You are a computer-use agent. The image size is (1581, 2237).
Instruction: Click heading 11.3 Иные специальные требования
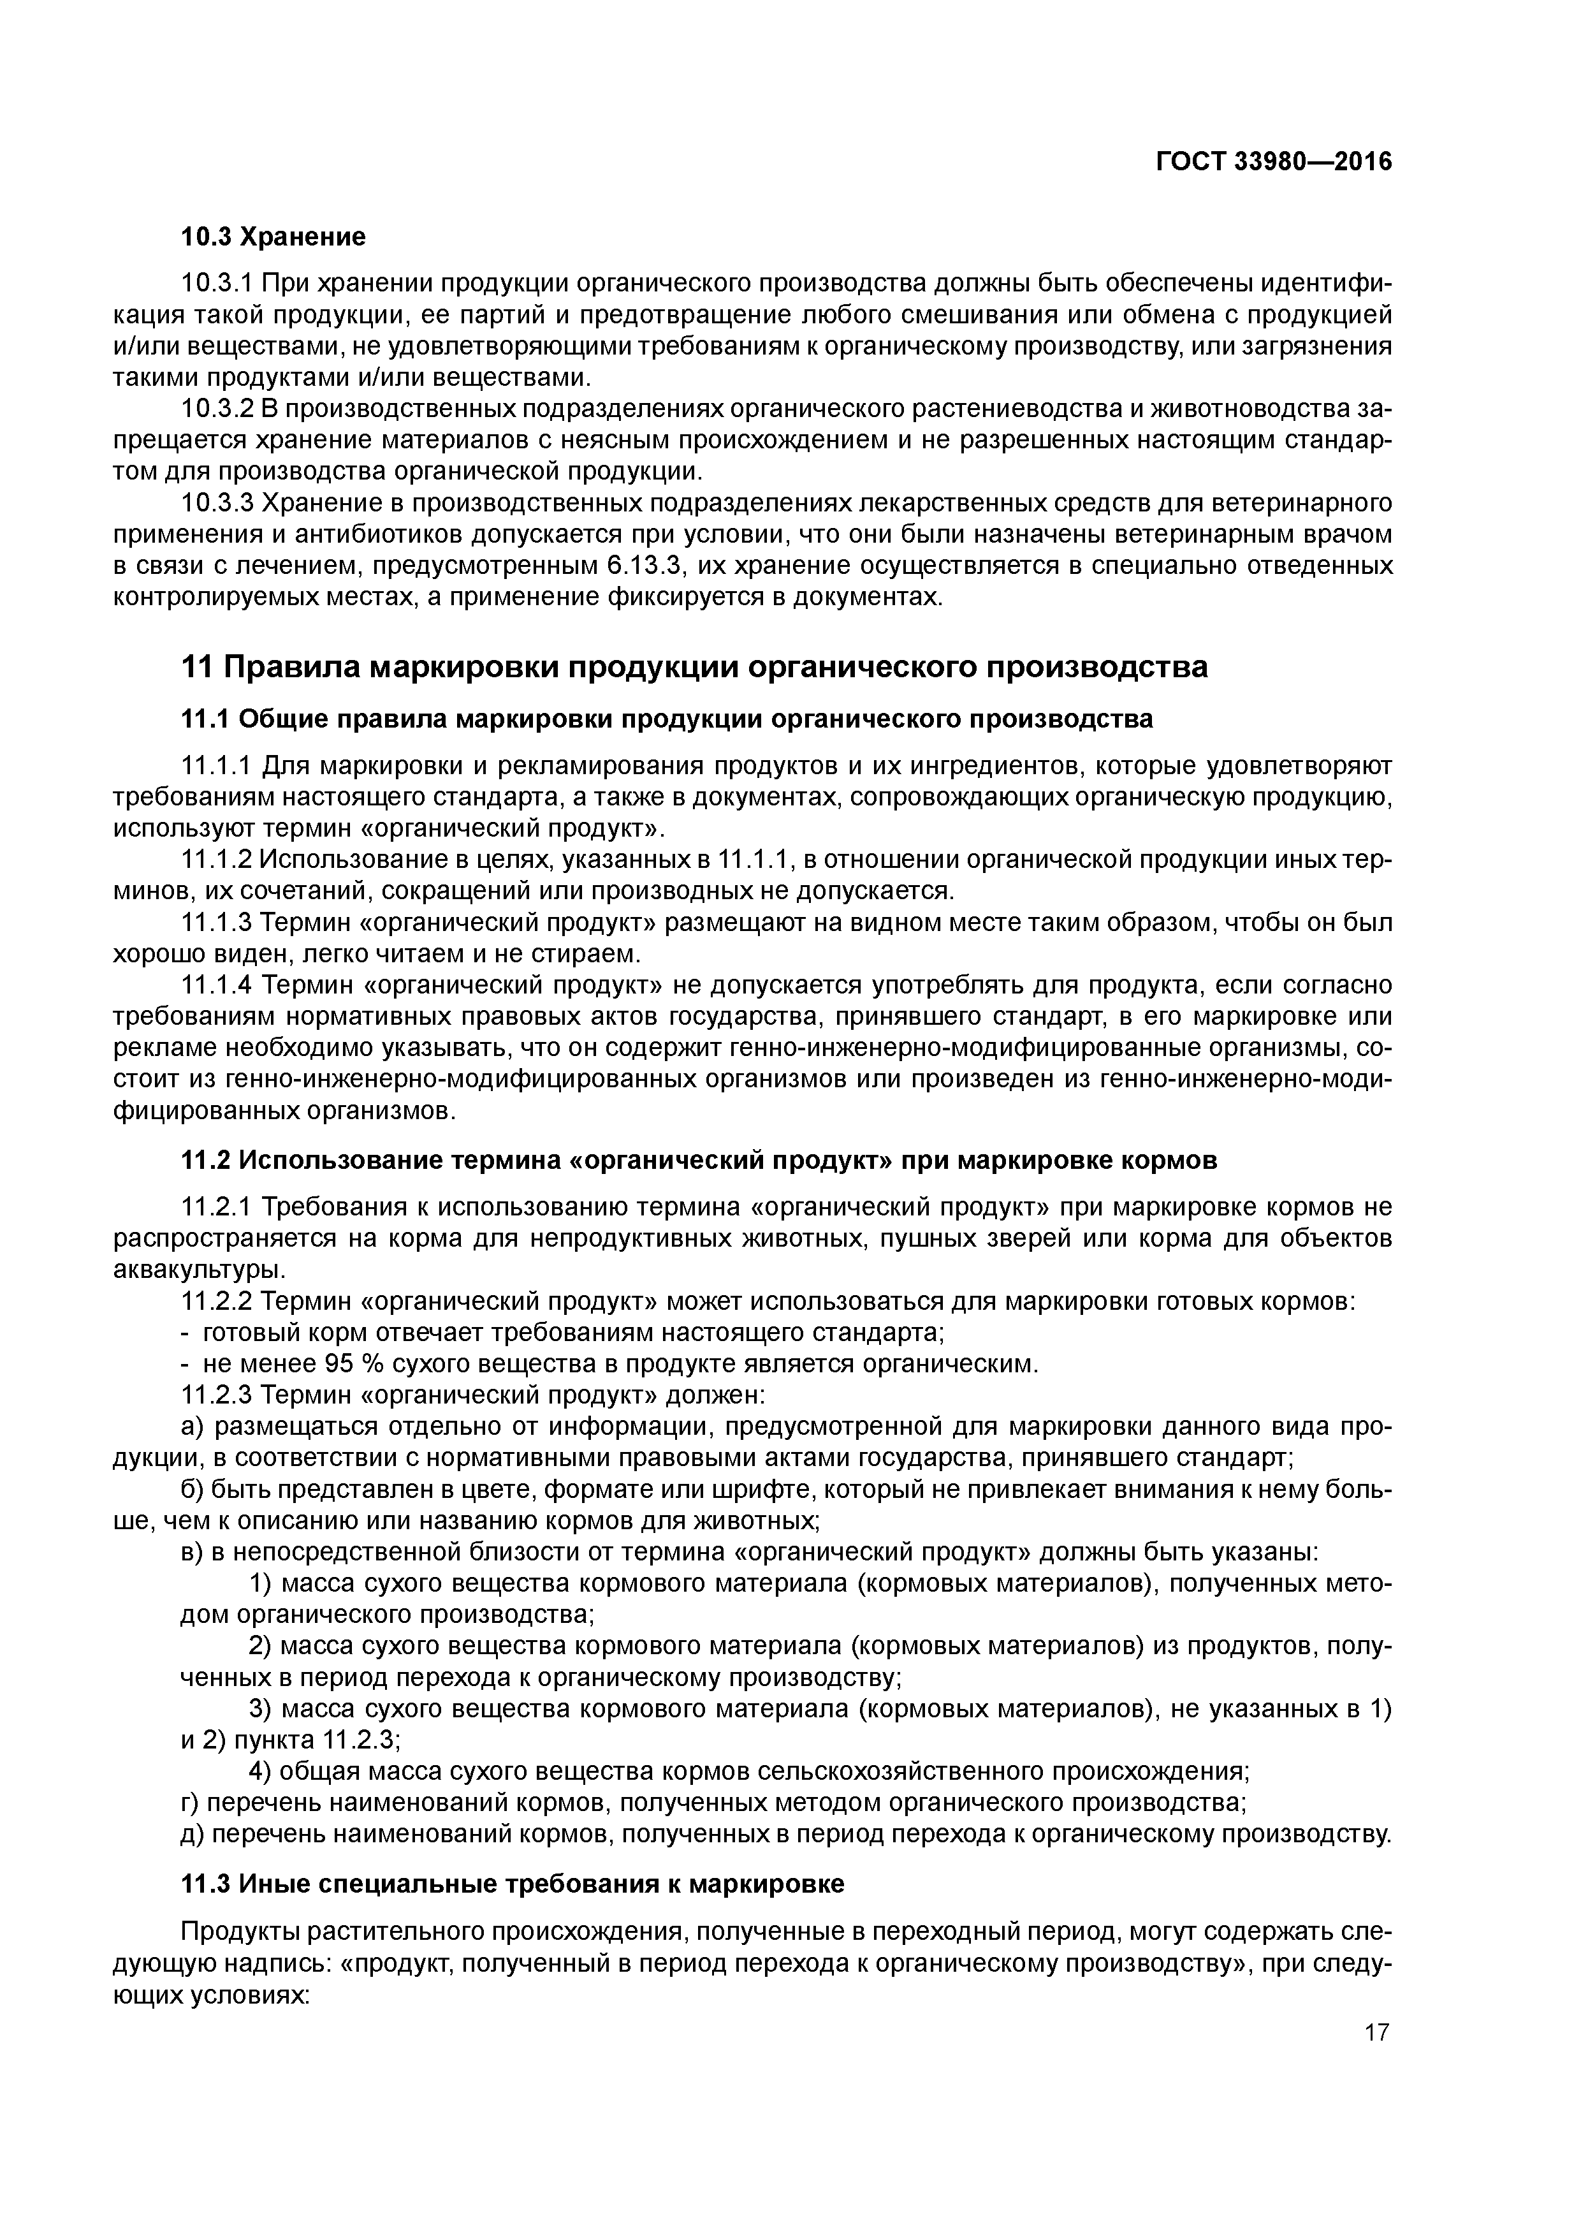[x=513, y=1884]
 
